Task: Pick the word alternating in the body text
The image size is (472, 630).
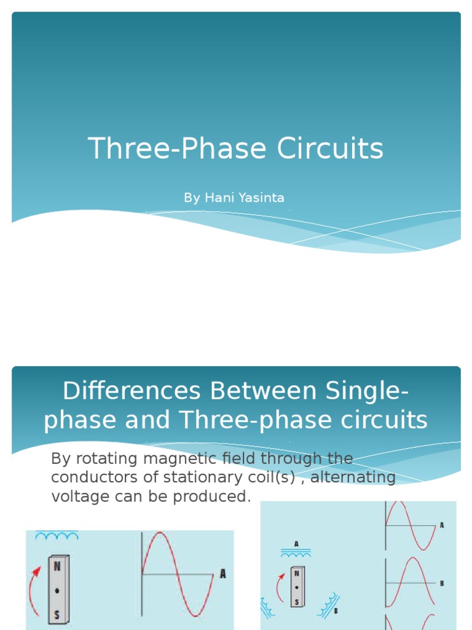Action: [x=353, y=477]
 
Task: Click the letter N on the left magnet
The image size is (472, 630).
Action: [x=57, y=566]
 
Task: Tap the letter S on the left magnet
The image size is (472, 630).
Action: [x=57, y=613]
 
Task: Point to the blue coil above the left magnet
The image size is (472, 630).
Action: [x=57, y=535]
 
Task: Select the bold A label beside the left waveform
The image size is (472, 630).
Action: [x=222, y=574]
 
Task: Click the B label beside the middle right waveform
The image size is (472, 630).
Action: [x=442, y=583]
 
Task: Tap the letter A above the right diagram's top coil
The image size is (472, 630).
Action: [x=296, y=544]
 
